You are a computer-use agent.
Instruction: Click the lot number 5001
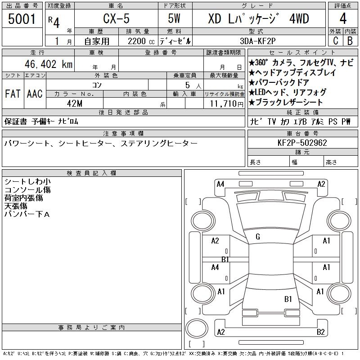click(x=22, y=19)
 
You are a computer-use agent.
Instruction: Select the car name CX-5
click(x=116, y=18)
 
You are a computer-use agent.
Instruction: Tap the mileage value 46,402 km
click(x=49, y=64)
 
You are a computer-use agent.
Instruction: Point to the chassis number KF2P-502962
click(x=302, y=143)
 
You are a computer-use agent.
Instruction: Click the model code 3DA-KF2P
click(x=257, y=41)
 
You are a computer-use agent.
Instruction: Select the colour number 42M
click(x=75, y=103)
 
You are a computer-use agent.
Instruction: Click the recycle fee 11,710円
click(x=226, y=104)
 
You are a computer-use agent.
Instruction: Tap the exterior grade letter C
click(x=335, y=41)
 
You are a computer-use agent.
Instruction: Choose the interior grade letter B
click(x=350, y=41)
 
